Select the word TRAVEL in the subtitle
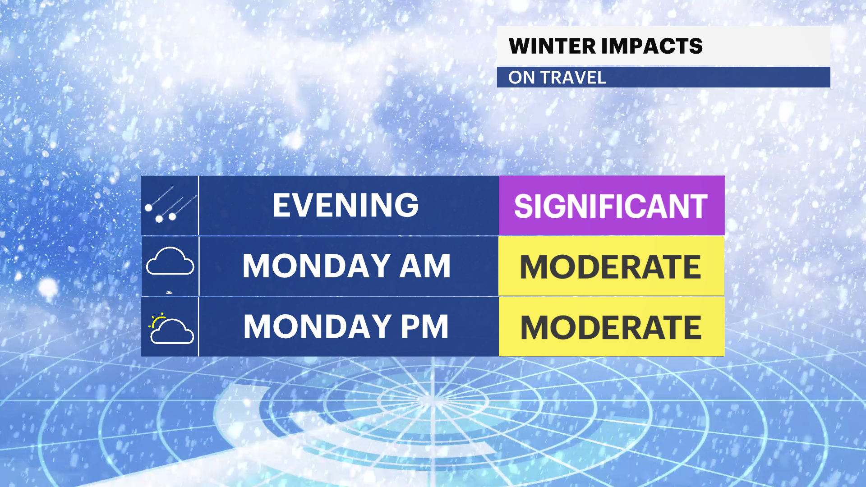[x=573, y=78]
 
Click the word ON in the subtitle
[x=521, y=78]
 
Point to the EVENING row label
[x=346, y=205]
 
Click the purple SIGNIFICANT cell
[x=612, y=206]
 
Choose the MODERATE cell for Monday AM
[x=611, y=266]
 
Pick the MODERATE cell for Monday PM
[x=612, y=326]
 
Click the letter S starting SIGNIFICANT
[x=524, y=207]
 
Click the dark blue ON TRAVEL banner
[x=663, y=77]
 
